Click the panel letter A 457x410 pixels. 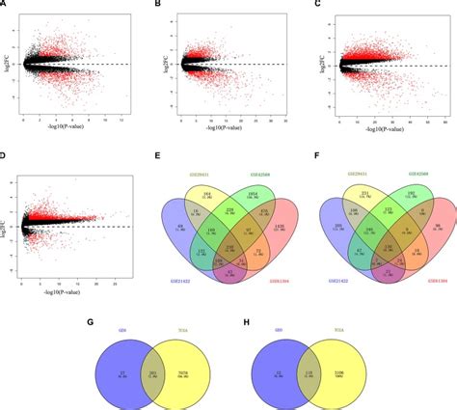5,5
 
